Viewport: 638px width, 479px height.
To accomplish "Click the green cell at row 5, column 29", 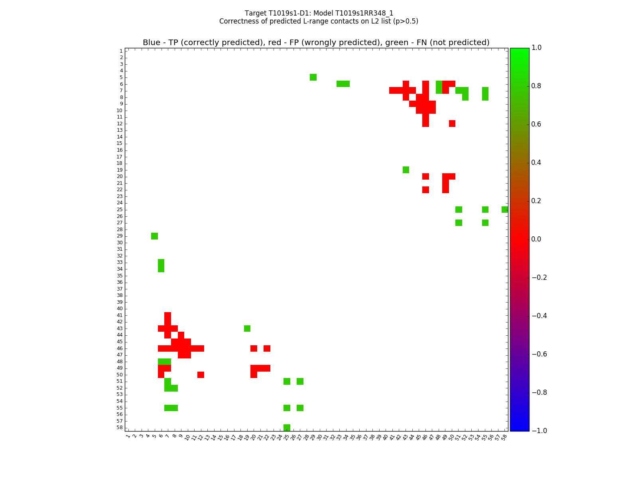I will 313,77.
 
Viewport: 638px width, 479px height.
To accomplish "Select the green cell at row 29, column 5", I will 154,236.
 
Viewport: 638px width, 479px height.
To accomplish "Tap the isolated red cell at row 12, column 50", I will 452,123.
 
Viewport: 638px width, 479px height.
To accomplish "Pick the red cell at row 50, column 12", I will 201,375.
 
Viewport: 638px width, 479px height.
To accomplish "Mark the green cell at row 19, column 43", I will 406,170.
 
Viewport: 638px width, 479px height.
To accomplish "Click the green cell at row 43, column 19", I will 247,329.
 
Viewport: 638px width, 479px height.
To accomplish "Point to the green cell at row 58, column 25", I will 287,428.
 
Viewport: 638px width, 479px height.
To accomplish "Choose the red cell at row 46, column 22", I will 267,348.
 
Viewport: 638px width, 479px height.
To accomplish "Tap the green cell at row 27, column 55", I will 485,223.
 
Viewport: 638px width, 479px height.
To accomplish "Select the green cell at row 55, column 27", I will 300,408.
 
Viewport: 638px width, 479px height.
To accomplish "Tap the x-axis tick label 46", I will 425,437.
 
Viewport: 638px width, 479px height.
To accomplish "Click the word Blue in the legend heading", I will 152,43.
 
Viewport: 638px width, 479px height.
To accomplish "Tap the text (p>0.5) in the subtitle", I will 406,21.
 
